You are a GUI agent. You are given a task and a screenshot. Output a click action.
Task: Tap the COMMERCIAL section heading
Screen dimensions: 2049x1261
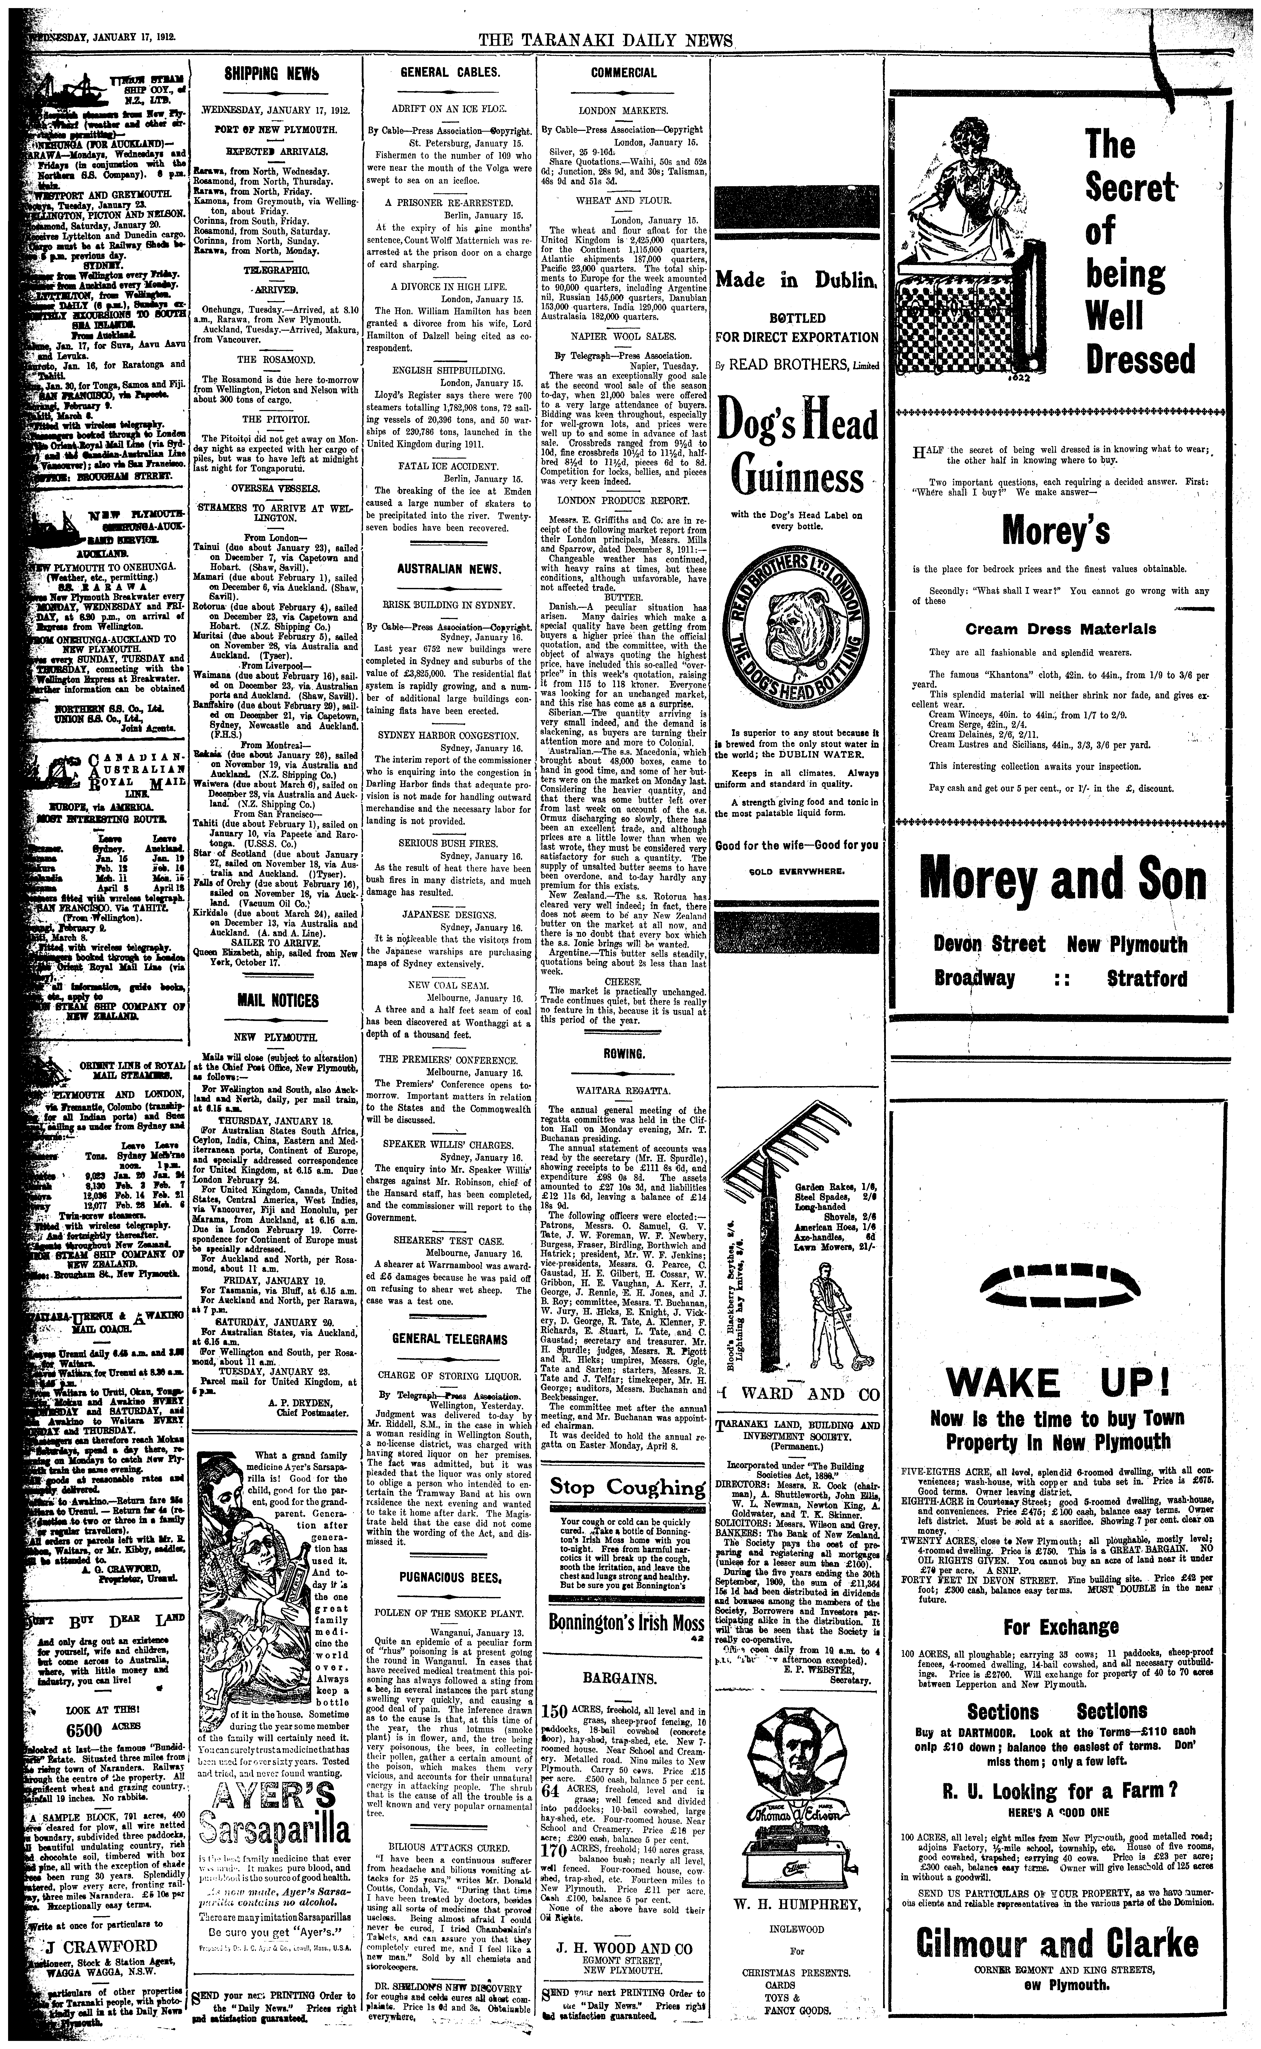click(623, 73)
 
